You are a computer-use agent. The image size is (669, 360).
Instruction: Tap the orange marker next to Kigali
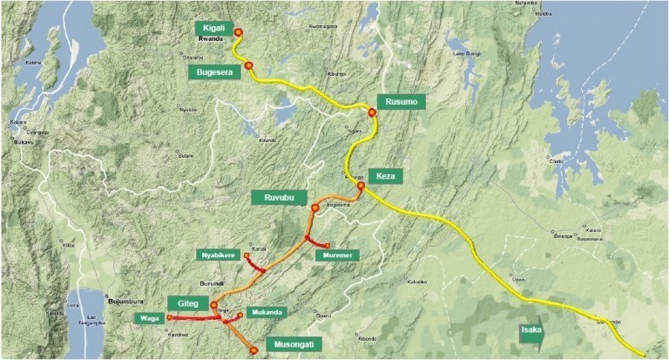(x=238, y=34)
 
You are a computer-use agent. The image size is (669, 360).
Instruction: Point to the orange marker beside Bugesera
(x=249, y=65)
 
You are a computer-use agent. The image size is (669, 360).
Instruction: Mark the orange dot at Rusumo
(x=372, y=112)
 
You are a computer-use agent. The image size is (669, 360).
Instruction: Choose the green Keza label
(x=385, y=177)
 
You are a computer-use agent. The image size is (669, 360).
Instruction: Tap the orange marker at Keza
(x=361, y=185)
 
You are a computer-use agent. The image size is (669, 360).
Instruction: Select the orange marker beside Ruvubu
(x=315, y=207)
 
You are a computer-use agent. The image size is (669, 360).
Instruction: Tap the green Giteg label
(x=190, y=303)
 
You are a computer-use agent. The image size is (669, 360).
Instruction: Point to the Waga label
(x=145, y=318)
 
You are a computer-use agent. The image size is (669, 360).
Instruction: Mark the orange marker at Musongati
(x=253, y=350)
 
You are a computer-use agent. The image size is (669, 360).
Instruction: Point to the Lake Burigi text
(x=467, y=54)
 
